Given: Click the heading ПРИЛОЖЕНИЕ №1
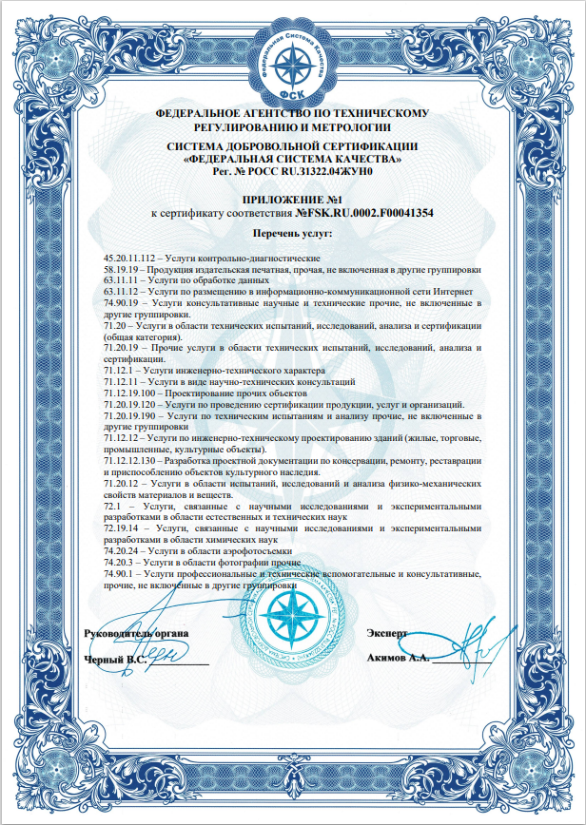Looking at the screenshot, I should [292, 200].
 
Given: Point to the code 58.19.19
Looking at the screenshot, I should [122, 270].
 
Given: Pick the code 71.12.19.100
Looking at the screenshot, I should [131, 392].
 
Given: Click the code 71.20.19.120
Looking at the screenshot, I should [131, 404].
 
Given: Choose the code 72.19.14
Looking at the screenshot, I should [122, 528].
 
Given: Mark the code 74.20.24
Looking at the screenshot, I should [122, 551].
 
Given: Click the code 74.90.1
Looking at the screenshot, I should [119, 574].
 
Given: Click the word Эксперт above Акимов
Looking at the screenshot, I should [387, 633].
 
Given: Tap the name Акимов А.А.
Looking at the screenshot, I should [399, 658].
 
